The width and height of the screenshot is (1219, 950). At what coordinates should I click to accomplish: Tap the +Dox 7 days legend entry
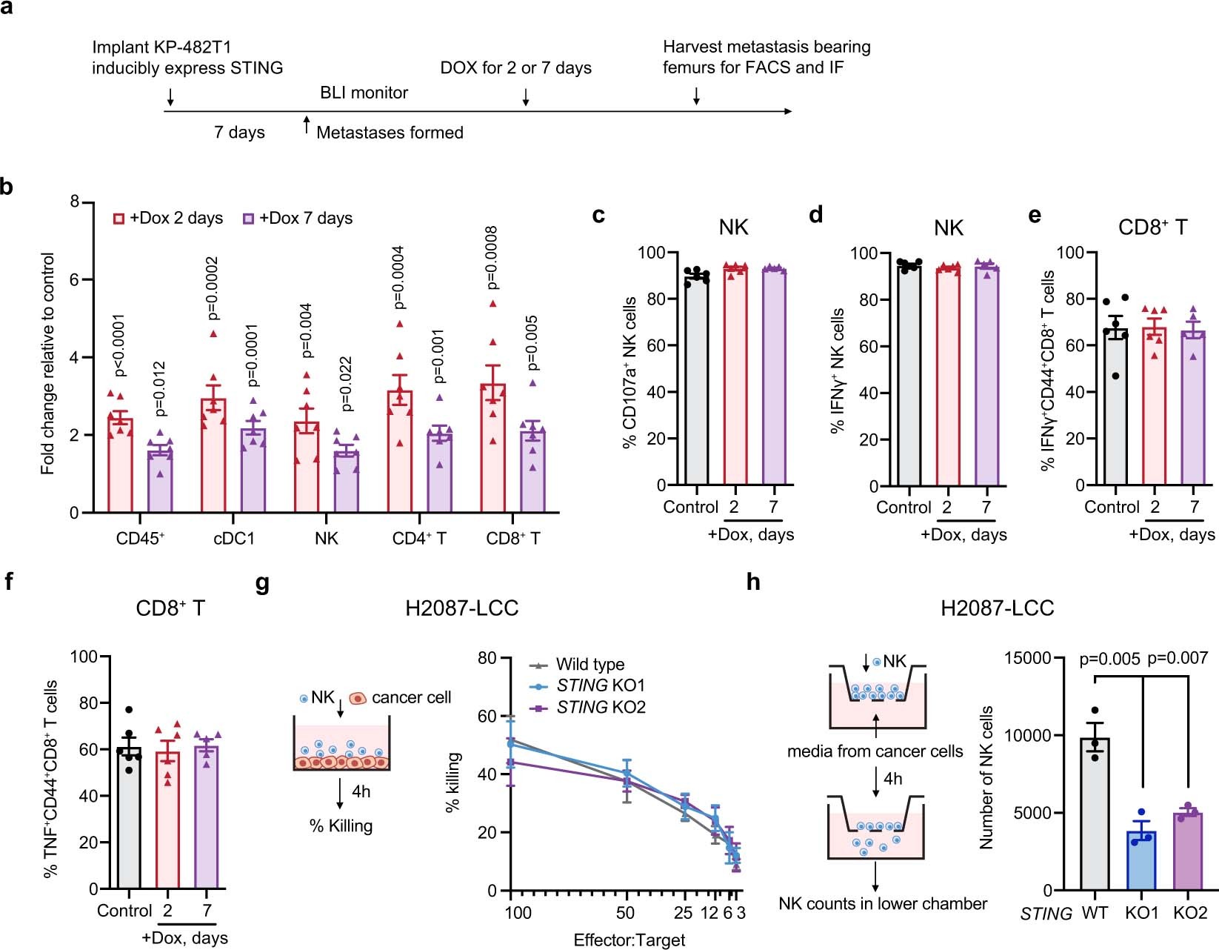pos(298,219)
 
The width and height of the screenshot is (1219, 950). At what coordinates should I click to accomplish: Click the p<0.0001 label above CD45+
pos(118,345)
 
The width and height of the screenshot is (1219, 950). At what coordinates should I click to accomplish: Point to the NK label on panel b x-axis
pos(327,539)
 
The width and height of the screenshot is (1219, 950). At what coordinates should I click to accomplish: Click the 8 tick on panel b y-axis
pos(75,202)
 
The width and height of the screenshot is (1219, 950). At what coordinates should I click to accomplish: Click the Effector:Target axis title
pos(629,940)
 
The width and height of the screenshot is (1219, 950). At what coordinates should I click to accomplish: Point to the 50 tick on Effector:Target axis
pos(626,912)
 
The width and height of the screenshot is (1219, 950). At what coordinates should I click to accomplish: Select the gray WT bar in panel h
pos(1095,815)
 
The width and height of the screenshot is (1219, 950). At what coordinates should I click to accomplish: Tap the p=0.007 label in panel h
pos(1177,658)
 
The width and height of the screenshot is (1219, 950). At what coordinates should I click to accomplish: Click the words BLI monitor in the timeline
pos(364,93)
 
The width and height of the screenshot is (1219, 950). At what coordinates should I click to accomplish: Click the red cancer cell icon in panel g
pos(358,698)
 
